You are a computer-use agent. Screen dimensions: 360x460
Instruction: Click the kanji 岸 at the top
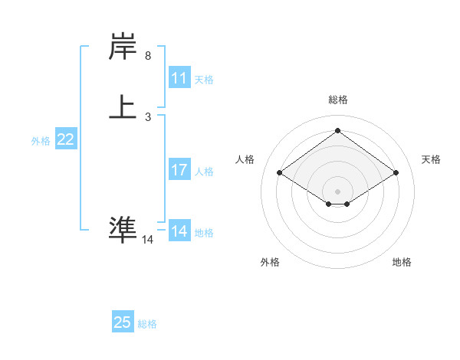click(123, 47)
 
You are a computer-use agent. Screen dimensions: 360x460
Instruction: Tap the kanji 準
click(123, 229)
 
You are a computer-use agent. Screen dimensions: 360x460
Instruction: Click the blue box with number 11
click(179, 78)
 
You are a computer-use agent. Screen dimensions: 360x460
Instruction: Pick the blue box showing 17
click(179, 170)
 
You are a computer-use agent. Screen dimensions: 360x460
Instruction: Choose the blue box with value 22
click(65, 139)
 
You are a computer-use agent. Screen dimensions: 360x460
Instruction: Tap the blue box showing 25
click(123, 322)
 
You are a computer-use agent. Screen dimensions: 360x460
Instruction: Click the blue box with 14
click(179, 231)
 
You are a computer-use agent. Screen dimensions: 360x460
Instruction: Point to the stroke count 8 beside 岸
click(148, 56)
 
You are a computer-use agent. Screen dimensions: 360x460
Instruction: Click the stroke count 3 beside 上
click(148, 117)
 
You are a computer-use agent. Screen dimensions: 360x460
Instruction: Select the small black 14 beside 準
click(147, 240)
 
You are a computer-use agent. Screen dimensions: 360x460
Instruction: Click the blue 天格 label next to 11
click(204, 80)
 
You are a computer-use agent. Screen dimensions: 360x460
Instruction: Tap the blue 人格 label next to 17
click(204, 172)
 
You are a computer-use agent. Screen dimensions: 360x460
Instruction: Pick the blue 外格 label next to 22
click(41, 141)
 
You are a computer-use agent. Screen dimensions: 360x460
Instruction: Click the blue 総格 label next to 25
click(147, 324)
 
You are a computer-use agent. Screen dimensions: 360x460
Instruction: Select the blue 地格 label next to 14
click(204, 233)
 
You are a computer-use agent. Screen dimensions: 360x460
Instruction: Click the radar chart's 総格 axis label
click(337, 100)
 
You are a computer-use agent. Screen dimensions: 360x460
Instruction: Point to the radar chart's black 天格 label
click(431, 159)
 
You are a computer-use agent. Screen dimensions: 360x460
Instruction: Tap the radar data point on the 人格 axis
click(280, 173)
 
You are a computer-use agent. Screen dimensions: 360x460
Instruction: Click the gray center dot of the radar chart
click(337, 191)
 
